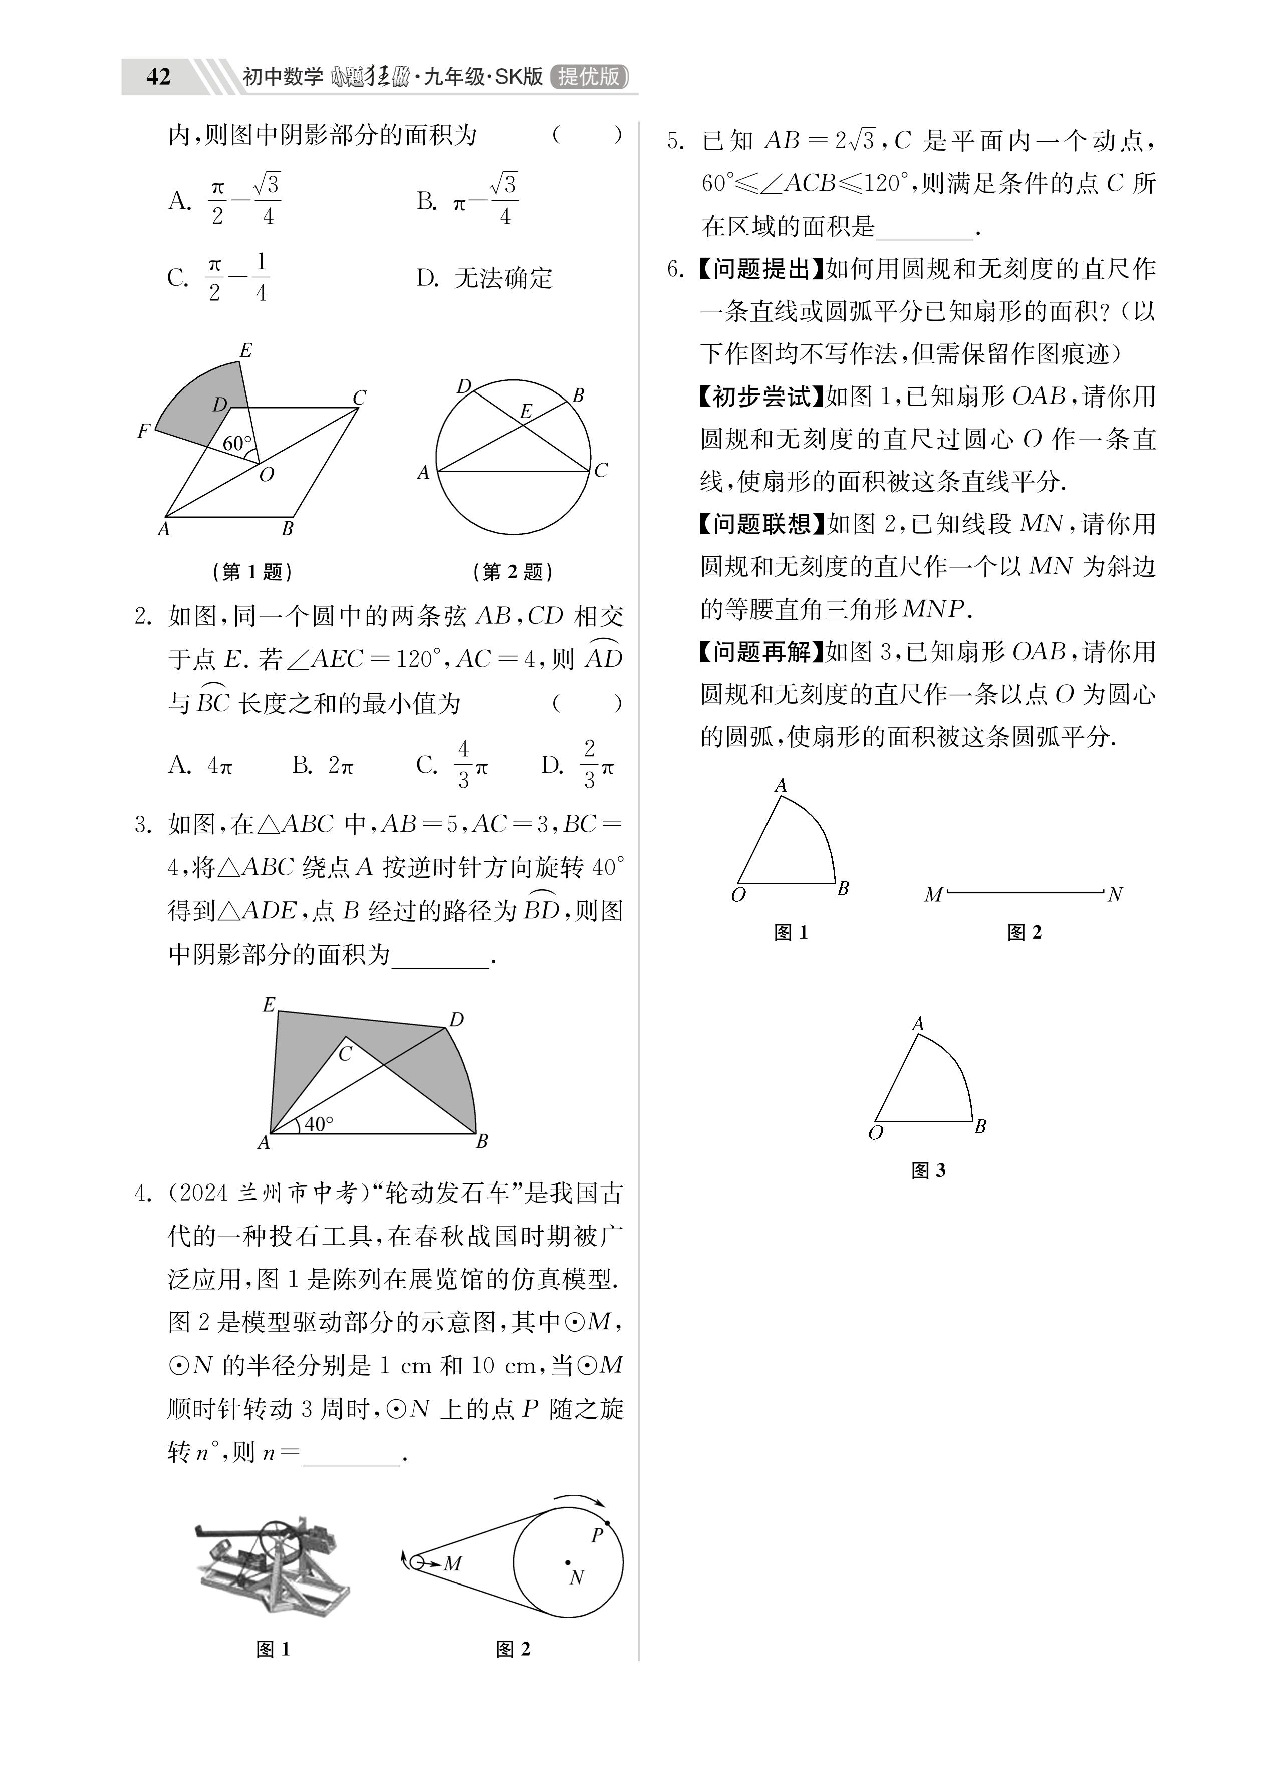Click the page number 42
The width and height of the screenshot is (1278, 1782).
click(x=158, y=76)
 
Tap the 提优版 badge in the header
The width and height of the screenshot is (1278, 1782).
click(x=589, y=76)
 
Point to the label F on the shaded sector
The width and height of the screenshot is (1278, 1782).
click(x=143, y=431)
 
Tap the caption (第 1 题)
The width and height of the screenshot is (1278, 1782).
click(x=252, y=572)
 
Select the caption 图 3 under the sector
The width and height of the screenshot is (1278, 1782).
click(x=928, y=1171)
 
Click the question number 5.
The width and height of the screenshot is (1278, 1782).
click(x=675, y=142)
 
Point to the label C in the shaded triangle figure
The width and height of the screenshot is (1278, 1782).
click(x=345, y=1055)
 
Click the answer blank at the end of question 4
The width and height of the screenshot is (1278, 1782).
click(x=351, y=1454)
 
